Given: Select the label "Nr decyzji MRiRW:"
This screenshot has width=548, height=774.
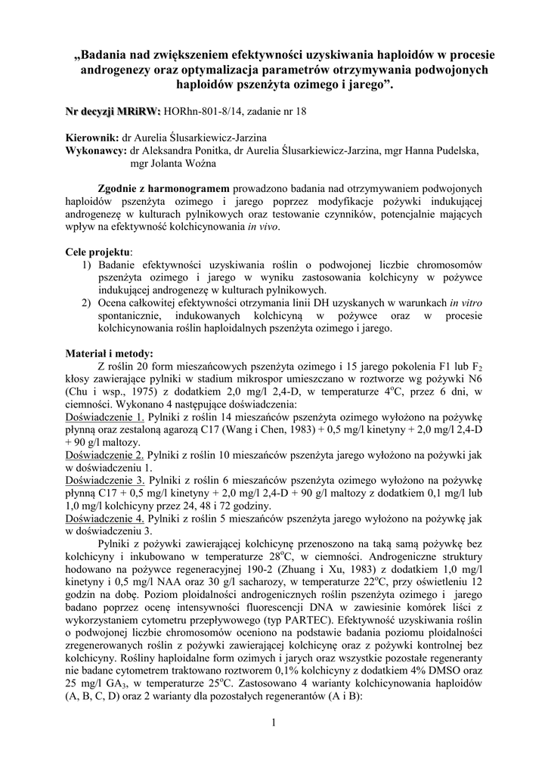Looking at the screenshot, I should (x=113, y=112).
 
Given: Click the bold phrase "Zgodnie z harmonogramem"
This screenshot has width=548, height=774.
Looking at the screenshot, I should (x=164, y=187).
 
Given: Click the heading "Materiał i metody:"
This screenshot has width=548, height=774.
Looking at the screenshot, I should (x=109, y=353).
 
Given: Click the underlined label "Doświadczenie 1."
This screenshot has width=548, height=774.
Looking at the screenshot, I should (x=104, y=416).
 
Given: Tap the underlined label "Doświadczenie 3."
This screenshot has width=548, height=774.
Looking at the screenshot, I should (x=104, y=480).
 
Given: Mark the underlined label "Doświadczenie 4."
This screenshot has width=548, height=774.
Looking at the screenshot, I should (x=104, y=519).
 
